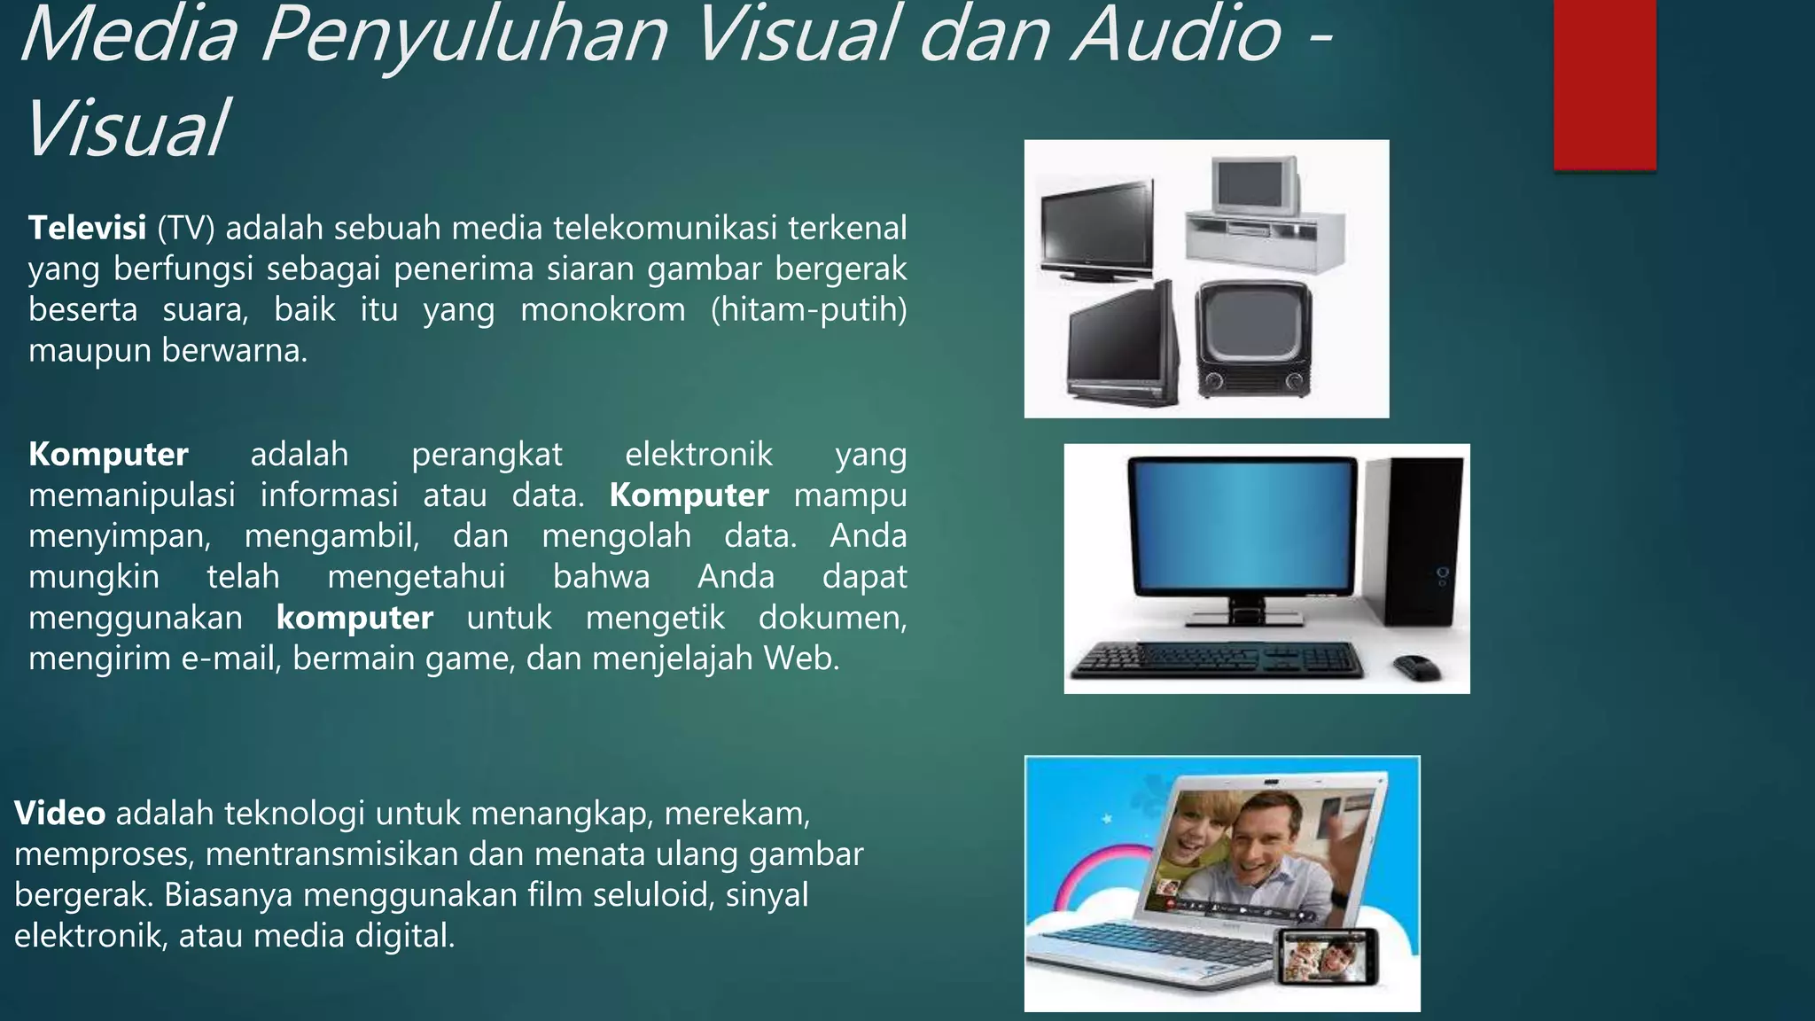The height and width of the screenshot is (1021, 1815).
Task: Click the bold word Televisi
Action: (x=87, y=229)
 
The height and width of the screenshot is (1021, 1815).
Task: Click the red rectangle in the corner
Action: (x=1604, y=83)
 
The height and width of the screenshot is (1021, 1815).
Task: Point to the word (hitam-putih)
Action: (x=808, y=310)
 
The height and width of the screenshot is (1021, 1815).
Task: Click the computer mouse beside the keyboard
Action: (x=1417, y=666)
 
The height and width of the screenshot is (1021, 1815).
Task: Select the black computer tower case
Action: (x=1414, y=541)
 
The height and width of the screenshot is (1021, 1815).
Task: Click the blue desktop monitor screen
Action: (x=1241, y=527)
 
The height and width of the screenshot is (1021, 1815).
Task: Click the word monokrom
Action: (x=603, y=310)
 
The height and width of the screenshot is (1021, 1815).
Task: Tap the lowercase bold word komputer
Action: (x=354, y=618)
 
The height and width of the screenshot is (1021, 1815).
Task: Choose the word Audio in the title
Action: (x=1176, y=35)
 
